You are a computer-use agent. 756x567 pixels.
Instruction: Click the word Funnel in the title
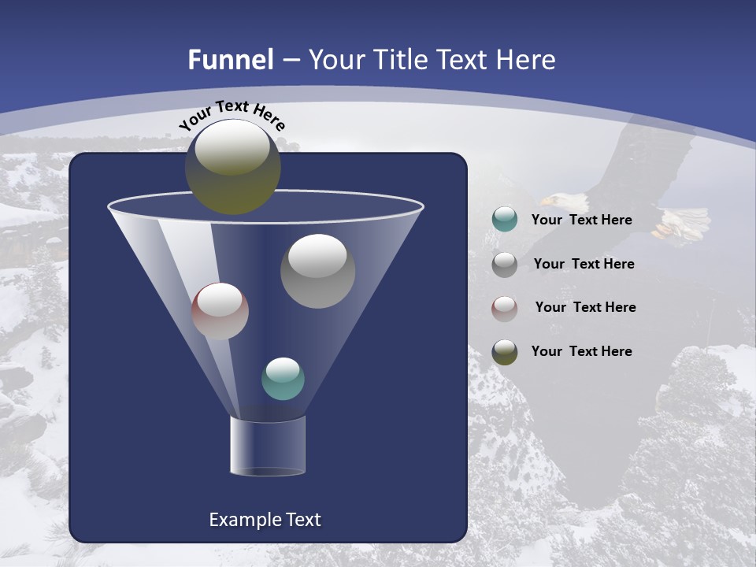point(230,60)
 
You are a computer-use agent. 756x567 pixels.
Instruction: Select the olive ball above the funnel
point(232,167)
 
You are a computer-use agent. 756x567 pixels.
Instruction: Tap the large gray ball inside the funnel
point(317,271)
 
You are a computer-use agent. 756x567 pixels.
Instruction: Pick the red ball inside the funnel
point(220,311)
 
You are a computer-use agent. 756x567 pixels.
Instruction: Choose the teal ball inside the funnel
point(283,379)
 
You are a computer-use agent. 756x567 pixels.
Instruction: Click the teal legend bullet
point(505,220)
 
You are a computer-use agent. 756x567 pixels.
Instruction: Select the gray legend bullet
point(505,264)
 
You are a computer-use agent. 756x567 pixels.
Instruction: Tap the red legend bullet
point(505,308)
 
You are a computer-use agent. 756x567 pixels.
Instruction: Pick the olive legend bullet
point(505,352)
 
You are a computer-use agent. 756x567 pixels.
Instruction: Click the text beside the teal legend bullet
point(581,220)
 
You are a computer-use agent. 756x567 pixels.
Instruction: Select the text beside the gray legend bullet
point(584,264)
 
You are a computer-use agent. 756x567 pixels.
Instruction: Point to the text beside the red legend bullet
point(585,307)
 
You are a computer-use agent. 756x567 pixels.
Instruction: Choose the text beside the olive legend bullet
point(581,351)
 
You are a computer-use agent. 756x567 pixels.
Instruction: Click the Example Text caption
point(265,520)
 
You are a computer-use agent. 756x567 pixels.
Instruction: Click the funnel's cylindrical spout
point(267,446)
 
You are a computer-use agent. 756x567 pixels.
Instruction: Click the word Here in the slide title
point(525,60)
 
